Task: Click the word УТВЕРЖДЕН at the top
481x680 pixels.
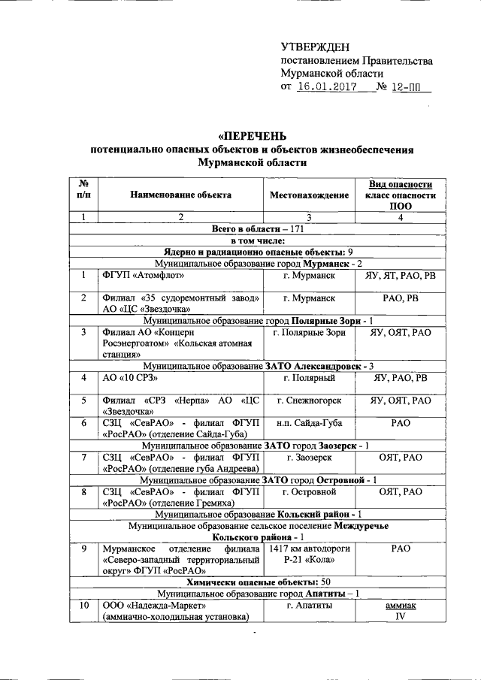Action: [315, 47]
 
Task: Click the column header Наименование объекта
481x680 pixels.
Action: [180, 195]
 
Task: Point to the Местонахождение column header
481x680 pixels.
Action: [309, 195]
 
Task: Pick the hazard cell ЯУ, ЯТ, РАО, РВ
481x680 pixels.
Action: [401, 275]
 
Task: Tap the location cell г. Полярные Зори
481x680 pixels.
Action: [309, 331]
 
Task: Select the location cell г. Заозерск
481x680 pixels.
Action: [309, 457]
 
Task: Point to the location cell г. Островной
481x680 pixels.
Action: [309, 491]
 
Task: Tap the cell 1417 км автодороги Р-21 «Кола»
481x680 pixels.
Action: [309, 555]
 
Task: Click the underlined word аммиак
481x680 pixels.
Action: [401, 605]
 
